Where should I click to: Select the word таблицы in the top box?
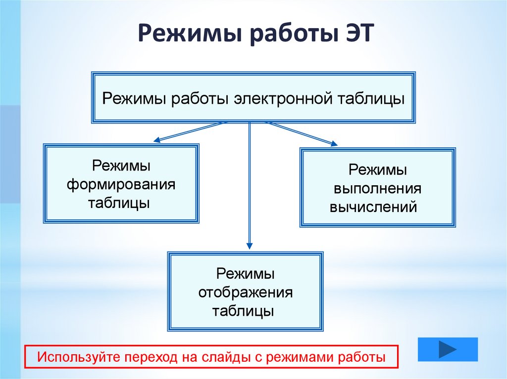(x=371, y=98)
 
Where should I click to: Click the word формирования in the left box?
(x=121, y=184)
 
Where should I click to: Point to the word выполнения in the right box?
(x=377, y=189)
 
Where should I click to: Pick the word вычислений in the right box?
(x=373, y=207)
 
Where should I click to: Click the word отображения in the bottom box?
(x=246, y=293)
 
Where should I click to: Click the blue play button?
(x=448, y=349)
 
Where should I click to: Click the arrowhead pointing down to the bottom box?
(x=250, y=245)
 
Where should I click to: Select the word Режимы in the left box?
(x=121, y=166)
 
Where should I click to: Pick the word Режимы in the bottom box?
(x=246, y=274)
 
